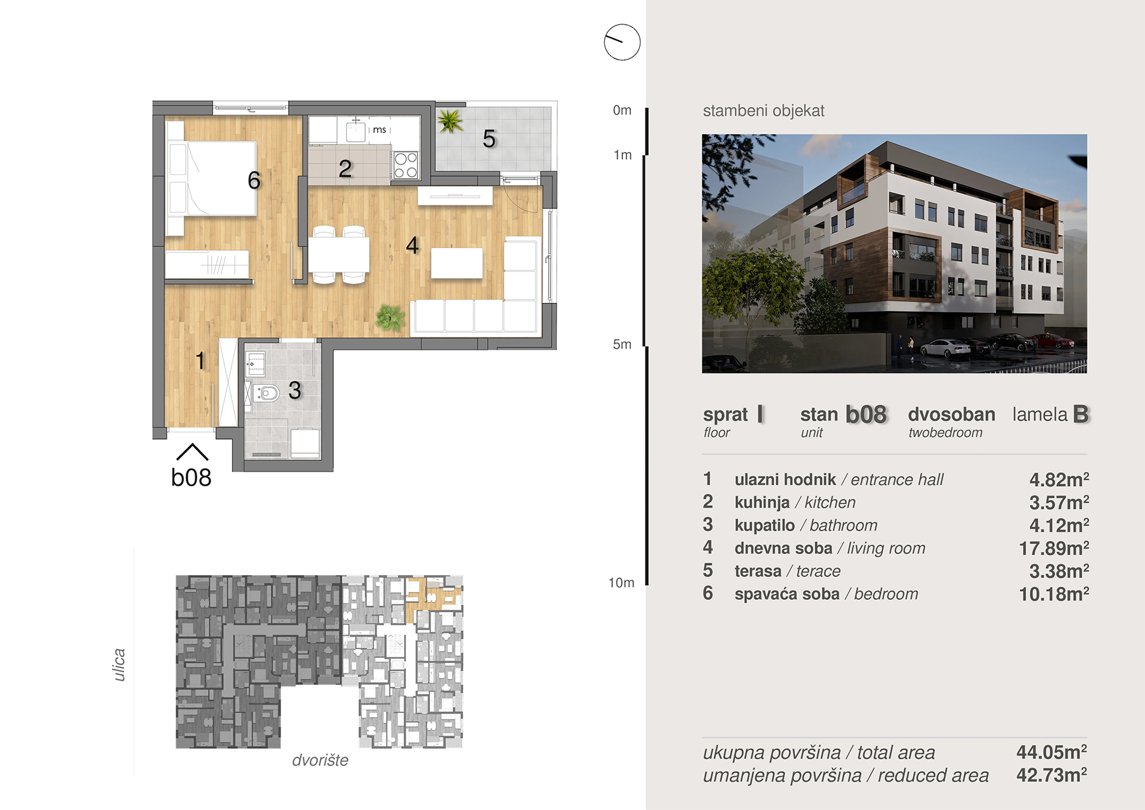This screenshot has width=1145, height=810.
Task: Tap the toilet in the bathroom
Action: [266, 394]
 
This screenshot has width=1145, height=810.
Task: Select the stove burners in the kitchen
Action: [406, 165]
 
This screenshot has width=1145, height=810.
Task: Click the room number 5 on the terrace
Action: [489, 139]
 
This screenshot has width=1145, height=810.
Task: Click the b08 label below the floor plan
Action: [191, 477]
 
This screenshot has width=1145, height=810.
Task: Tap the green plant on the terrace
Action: [450, 121]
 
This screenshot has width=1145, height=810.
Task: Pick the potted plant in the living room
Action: [390, 318]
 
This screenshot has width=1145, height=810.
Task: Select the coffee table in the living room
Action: [457, 263]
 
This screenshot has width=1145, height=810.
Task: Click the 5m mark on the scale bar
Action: [622, 344]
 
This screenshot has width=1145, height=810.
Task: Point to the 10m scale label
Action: [621, 583]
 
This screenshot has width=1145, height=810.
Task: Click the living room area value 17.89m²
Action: [1054, 548]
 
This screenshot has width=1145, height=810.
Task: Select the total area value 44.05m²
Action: [1051, 752]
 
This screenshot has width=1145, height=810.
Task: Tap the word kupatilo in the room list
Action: [765, 525]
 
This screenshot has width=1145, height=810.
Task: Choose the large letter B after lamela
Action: [1081, 414]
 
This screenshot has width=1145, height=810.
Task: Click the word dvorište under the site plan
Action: [320, 760]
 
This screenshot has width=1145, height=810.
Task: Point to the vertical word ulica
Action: [119, 665]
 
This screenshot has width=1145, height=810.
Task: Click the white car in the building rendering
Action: [946, 347]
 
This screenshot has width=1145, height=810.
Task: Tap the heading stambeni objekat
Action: [763, 111]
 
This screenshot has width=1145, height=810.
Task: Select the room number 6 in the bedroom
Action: [254, 181]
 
